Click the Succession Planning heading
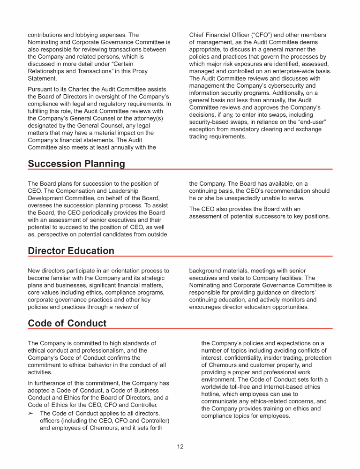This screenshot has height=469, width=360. click(x=76, y=164)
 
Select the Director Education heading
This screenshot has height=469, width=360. click(x=71, y=251)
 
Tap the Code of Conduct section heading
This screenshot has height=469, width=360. click(x=67, y=324)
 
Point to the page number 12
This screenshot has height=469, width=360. click(x=180, y=446)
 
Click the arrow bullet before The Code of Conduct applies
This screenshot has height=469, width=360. click(x=32, y=413)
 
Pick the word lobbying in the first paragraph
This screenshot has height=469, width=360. click(x=91, y=35)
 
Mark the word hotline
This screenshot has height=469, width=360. click(x=211, y=394)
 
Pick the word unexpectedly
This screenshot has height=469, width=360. click(x=248, y=198)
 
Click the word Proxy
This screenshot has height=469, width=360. click(x=138, y=71)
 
